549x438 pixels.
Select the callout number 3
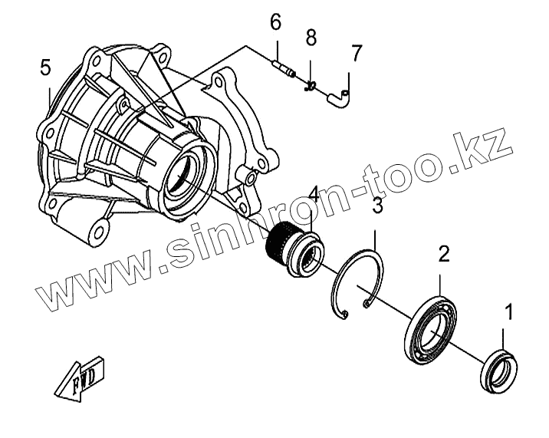tap(378, 205)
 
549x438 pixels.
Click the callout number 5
tap(46, 68)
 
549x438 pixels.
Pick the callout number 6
tap(275, 22)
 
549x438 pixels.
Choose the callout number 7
tap(356, 53)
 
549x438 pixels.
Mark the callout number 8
tap(311, 37)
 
